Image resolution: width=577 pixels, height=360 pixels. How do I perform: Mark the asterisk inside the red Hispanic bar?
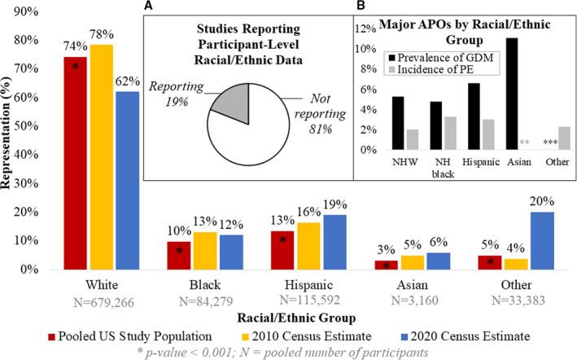(x=282, y=240)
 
